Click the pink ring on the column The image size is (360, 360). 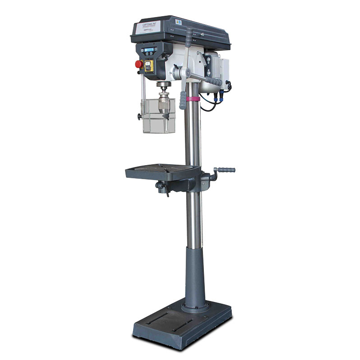tap(193, 99)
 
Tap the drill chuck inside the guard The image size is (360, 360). tap(162, 102)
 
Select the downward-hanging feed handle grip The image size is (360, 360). tap(182, 100)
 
